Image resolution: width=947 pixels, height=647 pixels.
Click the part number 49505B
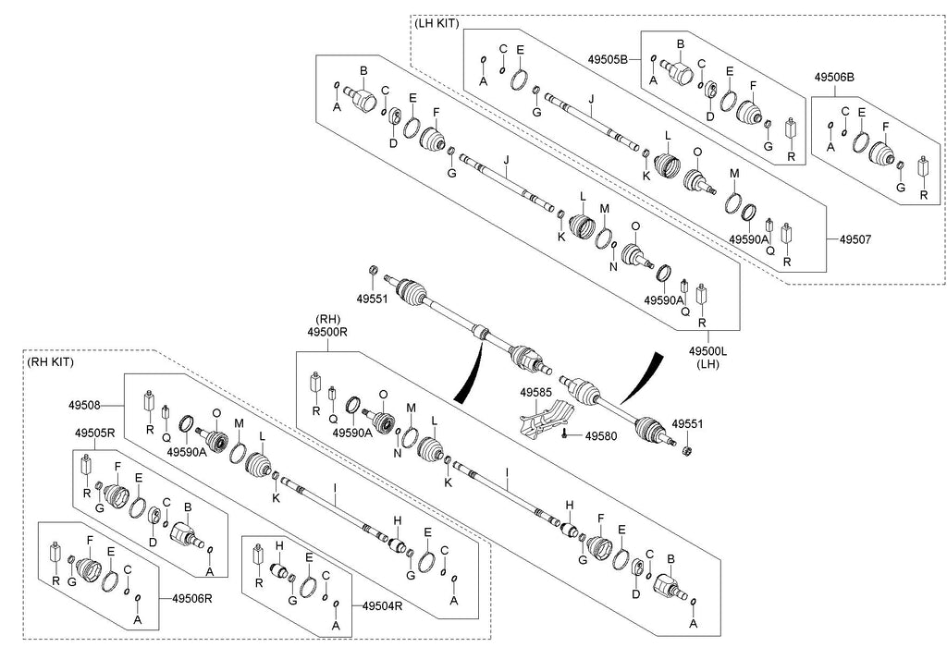(x=608, y=59)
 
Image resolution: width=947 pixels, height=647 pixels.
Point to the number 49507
(x=856, y=239)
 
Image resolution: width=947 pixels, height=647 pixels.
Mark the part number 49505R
(x=93, y=432)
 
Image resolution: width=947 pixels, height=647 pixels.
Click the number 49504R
(x=382, y=605)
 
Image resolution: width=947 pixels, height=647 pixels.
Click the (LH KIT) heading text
(x=437, y=23)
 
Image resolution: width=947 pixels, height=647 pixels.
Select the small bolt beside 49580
(x=564, y=434)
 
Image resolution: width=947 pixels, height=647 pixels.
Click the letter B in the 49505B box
(x=681, y=43)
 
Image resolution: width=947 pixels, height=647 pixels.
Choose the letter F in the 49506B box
(x=885, y=127)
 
